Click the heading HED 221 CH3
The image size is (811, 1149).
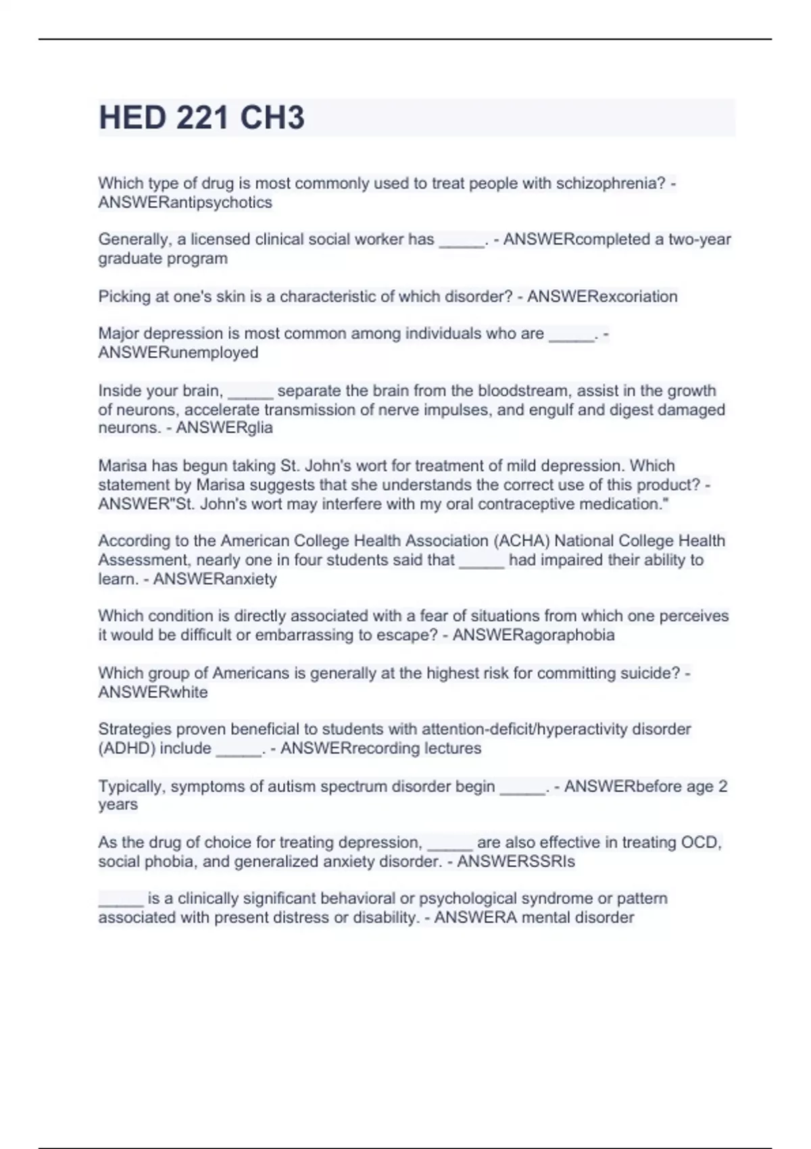pyautogui.click(x=201, y=118)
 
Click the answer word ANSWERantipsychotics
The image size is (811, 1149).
pyautogui.click(x=185, y=203)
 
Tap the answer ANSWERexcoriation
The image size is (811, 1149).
pyautogui.click(x=601, y=297)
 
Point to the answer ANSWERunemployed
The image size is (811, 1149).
pyautogui.click(x=178, y=353)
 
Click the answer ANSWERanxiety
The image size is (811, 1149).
pyautogui.click(x=215, y=579)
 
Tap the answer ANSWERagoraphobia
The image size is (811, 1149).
pyautogui.click(x=533, y=635)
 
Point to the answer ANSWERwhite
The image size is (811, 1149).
pyautogui.click(x=153, y=693)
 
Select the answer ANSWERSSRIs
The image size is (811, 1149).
pyautogui.click(x=516, y=862)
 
